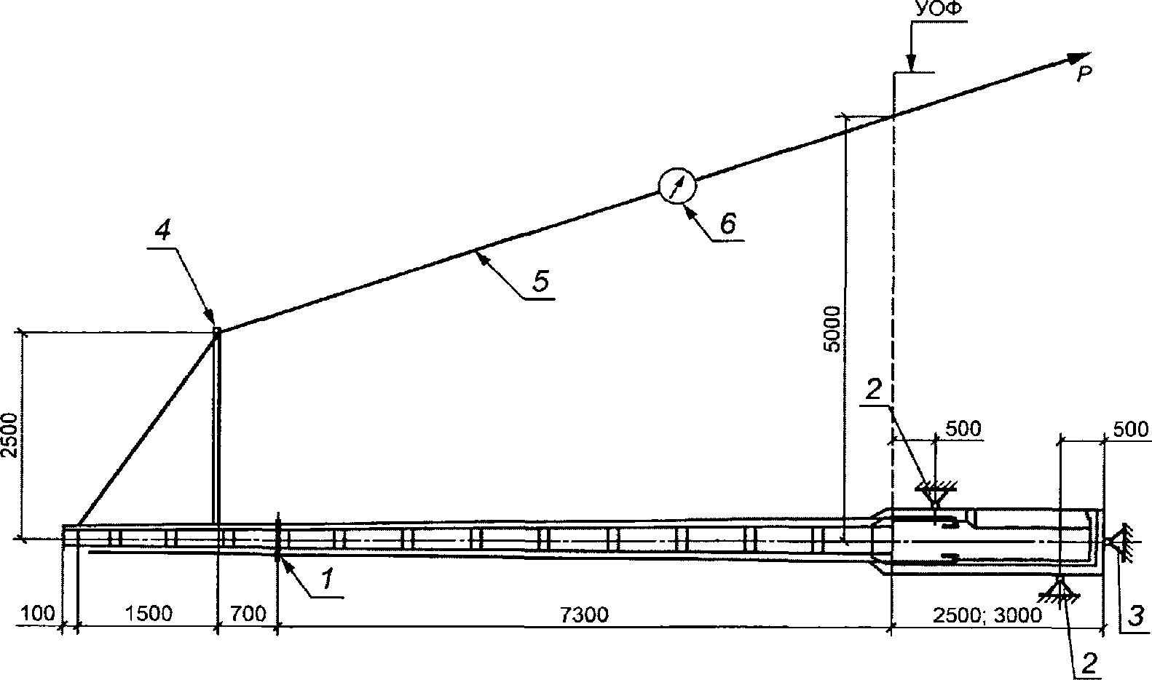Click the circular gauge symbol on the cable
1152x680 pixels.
click(676, 186)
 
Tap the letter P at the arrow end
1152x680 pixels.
click(1084, 75)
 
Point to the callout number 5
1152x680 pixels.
click(540, 281)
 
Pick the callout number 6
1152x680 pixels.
click(727, 224)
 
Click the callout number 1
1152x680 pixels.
click(327, 579)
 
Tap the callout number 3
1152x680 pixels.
click(1136, 615)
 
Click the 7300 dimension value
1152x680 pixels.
click(584, 614)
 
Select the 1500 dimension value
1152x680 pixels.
click(149, 614)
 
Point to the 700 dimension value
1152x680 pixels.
click(248, 614)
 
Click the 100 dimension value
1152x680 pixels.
click(38, 614)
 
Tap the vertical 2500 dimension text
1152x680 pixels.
click(9, 435)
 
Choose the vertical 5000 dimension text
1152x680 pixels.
click(831, 329)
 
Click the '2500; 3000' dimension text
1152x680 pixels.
click(987, 614)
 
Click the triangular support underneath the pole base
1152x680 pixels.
click(1060, 588)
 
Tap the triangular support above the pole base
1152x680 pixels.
click(934, 493)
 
